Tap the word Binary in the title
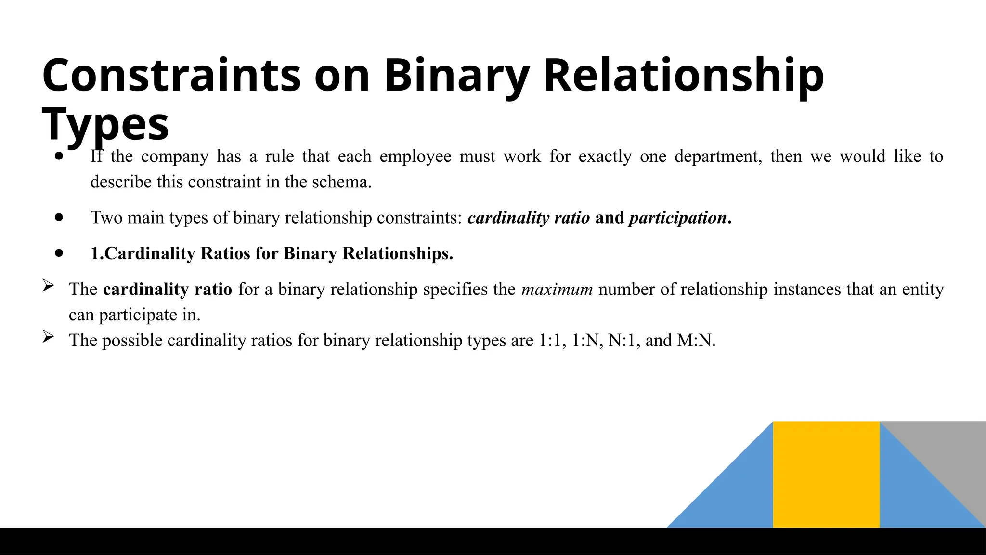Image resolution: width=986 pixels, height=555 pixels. [x=456, y=75]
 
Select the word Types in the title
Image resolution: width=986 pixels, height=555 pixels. [x=105, y=124]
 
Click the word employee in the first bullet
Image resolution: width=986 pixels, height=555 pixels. [x=415, y=157]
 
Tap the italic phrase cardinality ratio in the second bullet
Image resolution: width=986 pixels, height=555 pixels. [x=529, y=218]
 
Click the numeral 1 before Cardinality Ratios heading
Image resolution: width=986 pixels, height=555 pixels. [x=95, y=253]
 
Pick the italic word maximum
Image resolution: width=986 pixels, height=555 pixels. [x=557, y=290]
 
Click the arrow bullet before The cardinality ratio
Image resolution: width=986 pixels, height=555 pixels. [x=48, y=286]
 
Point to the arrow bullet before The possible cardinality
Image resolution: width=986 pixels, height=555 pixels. [x=48, y=337]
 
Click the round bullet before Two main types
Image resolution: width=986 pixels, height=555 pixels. [x=59, y=218]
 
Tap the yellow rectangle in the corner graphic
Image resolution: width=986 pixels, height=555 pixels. [x=826, y=475]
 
